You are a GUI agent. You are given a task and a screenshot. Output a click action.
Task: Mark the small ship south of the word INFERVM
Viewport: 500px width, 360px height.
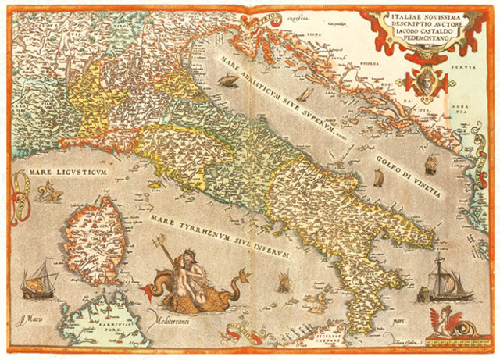283,280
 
